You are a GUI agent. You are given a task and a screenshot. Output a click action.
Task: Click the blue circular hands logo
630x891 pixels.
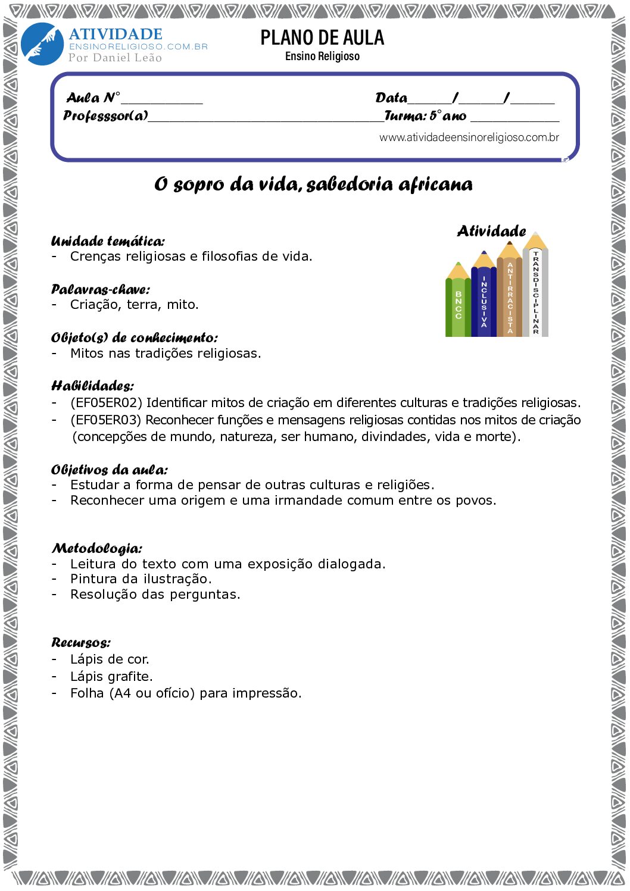point(42,44)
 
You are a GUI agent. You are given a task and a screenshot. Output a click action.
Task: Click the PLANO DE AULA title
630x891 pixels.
point(322,38)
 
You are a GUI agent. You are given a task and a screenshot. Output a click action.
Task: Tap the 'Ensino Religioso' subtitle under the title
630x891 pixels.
point(322,57)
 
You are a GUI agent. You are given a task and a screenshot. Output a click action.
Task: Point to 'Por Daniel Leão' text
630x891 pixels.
point(115,58)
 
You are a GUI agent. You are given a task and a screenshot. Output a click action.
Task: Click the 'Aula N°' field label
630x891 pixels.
point(93,98)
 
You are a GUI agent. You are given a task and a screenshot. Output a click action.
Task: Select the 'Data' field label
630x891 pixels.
point(391,98)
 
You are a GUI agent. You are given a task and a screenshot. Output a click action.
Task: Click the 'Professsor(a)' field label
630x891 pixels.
point(105,115)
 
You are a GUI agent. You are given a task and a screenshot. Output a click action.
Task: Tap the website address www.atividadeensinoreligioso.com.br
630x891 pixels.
point(469,137)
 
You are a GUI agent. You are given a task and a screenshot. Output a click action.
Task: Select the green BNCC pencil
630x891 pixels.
point(458,304)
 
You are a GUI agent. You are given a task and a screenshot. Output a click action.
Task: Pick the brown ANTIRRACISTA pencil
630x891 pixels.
point(510,295)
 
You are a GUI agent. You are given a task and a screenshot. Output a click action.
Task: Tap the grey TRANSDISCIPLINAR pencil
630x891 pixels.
point(535,289)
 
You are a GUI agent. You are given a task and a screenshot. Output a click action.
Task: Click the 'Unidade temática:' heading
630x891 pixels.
point(108,241)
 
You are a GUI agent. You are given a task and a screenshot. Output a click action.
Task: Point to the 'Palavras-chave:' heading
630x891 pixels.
point(101,290)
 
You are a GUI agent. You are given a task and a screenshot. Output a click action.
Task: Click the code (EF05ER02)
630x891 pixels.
point(107,403)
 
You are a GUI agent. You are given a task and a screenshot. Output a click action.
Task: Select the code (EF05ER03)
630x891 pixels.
point(106,420)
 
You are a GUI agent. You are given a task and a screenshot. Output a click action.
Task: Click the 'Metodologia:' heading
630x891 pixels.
point(97,548)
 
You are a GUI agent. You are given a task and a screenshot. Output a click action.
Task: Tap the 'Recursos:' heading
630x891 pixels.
point(81,643)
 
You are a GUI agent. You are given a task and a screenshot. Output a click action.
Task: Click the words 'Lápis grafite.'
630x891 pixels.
point(111,677)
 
